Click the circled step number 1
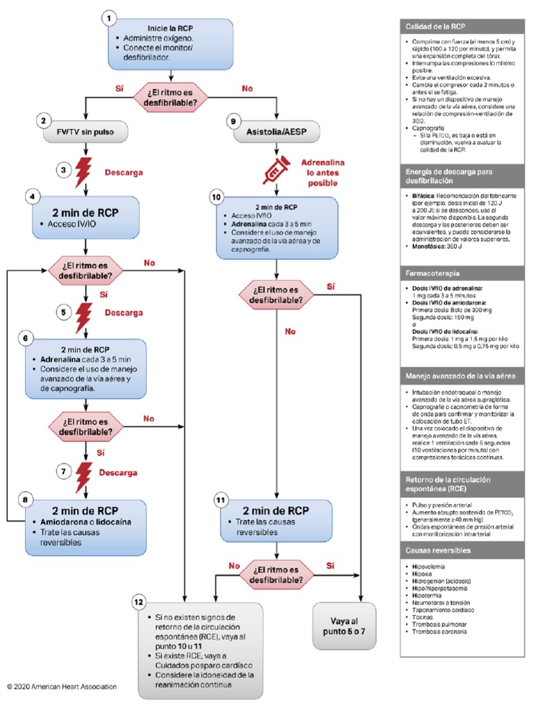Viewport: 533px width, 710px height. click(x=108, y=17)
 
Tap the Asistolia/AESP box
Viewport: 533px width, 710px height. click(x=277, y=130)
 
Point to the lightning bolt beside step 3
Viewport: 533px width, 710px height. click(x=84, y=170)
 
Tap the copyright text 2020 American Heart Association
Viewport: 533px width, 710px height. click(x=62, y=686)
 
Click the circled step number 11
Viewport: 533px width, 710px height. click(x=221, y=499)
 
